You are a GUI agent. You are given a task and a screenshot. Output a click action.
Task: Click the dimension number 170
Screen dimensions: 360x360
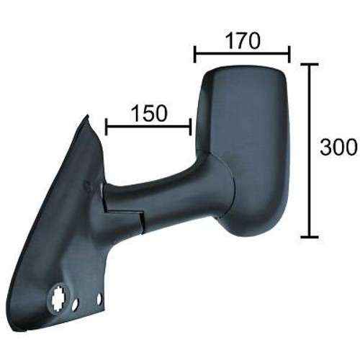click(x=243, y=41)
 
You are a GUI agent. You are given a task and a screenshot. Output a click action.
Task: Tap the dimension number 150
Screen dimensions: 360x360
click(x=149, y=113)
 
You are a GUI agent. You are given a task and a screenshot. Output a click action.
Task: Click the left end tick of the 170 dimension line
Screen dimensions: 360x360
click(x=194, y=54)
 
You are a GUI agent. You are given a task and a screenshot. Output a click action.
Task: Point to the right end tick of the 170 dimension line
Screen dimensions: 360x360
click(x=289, y=54)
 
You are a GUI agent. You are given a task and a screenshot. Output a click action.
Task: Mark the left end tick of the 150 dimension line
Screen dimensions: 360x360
click(x=107, y=127)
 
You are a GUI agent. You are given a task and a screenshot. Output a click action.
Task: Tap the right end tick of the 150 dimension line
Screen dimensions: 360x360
click(x=190, y=127)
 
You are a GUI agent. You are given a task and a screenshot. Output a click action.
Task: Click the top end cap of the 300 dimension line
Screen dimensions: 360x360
click(x=310, y=64)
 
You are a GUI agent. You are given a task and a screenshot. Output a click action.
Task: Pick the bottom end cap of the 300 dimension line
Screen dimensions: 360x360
click(x=310, y=237)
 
